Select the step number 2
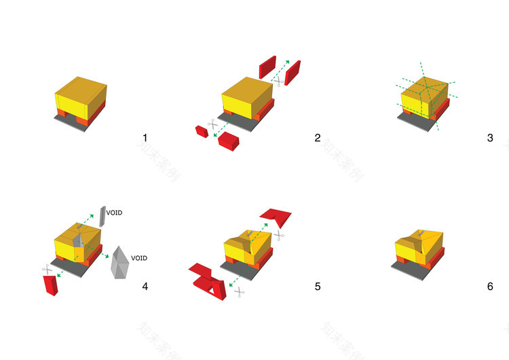point(317,138)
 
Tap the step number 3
point(490,138)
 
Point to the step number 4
point(145,286)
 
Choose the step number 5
point(317,286)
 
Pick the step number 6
point(490,286)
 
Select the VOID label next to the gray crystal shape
point(139,258)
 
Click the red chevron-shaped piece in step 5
point(276,217)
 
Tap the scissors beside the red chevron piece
point(278,235)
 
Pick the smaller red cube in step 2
point(201,130)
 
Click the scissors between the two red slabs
point(277,80)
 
